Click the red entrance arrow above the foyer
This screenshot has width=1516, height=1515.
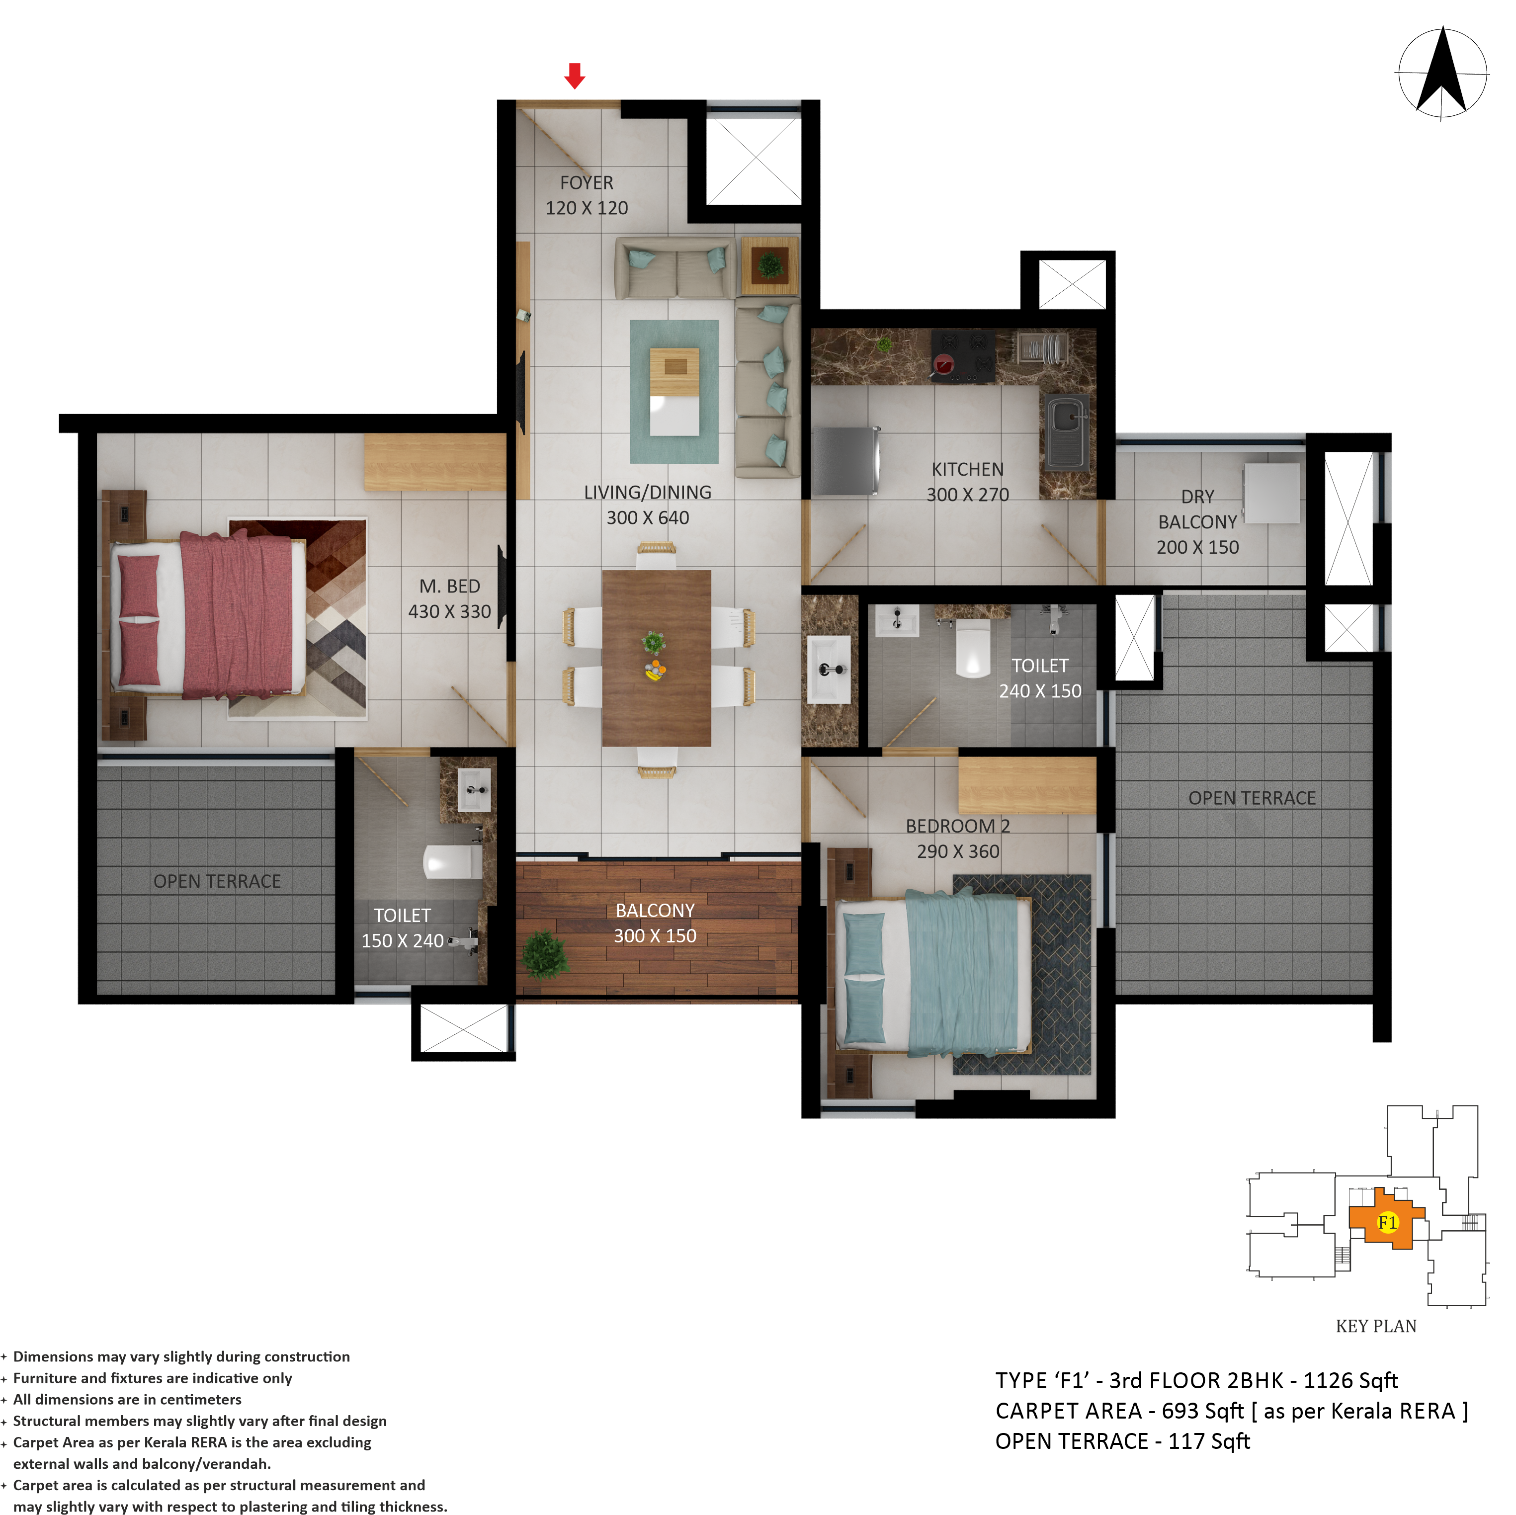click(575, 76)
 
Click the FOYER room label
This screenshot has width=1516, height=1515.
click(587, 183)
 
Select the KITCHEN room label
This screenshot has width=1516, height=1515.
click(968, 469)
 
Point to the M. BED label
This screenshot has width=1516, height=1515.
click(450, 586)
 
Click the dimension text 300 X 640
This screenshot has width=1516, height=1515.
click(648, 518)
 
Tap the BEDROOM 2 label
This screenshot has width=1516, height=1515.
click(958, 826)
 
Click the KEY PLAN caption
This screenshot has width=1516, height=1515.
click(1376, 1326)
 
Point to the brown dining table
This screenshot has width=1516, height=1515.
click(657, 658)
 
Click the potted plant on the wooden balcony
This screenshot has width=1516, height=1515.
click(544, 955)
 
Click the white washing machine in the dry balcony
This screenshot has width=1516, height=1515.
click(1271, 493)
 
